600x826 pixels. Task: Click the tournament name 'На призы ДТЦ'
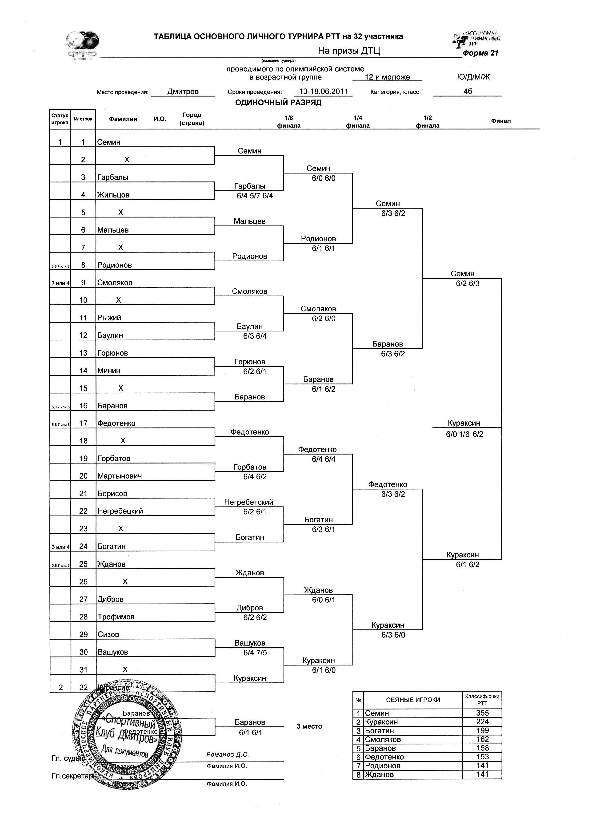[x=349, y=51]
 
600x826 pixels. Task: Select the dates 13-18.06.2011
[x=323, y=91]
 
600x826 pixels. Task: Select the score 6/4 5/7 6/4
[x=255, y=196]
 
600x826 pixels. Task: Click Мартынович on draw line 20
[x=120, y=476]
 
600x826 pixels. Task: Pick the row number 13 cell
[x=83, y=353]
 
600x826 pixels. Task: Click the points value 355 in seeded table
[x=482, y=713]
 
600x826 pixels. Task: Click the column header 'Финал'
[x=501, y=121]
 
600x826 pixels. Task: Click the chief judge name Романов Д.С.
[x=227, y=755]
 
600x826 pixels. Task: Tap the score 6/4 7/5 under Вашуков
[x=255, y=653]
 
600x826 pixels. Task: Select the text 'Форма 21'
[x=480, y=53]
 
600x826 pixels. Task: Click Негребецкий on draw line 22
[x=120, y=511]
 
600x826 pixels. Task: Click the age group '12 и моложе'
[x=387, y=77]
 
